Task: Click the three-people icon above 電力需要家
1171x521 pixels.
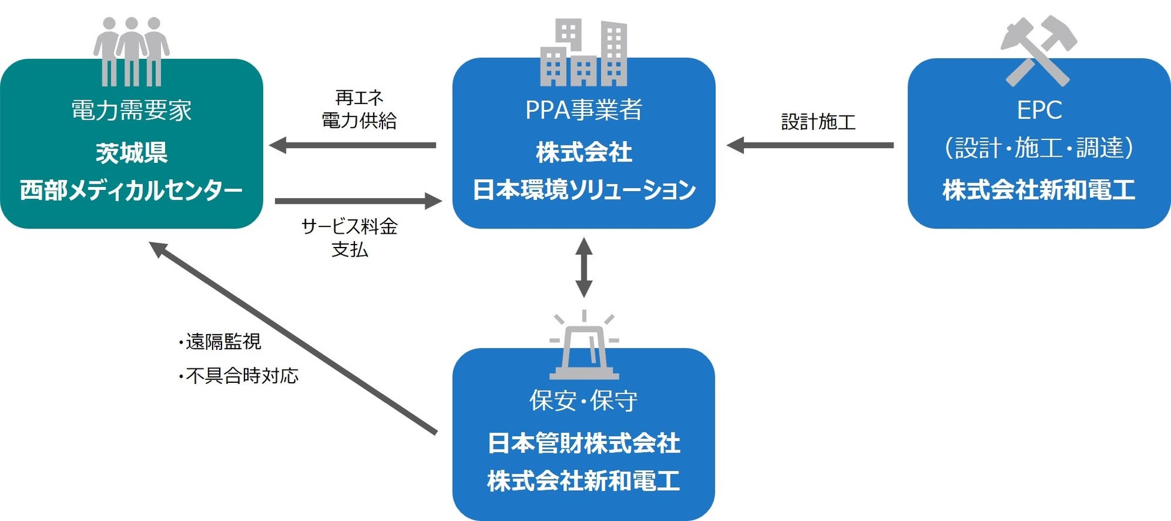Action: (x=132, y=52)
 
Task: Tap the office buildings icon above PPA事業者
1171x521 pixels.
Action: (x=584, y=52)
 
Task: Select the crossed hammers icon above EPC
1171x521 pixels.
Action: (x=1039, y=51)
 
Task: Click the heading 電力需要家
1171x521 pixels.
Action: (x=132, y=111)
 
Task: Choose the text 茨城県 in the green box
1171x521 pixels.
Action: (x=132, y=153)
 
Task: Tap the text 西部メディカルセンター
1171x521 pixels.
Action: (x=132, y=190)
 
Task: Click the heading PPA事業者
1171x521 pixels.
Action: (x=584, y=110)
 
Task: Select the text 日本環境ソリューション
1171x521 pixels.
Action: (x=584, y=190)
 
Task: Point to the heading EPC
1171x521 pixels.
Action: (x=1039, y=110)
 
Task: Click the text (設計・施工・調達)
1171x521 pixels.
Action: (x=1039, y=148)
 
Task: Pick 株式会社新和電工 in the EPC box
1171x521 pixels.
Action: (x=1039, y=190)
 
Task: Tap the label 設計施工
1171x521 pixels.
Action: (x=818, y=122)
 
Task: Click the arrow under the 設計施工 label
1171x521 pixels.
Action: (x=810, y=145)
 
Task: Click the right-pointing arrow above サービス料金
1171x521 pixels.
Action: (x=359, y=201)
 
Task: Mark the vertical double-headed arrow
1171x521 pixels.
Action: (x=584, y=267)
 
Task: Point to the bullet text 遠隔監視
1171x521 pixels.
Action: (x=220, y=342)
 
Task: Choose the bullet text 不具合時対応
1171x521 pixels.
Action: (x=238, y=376)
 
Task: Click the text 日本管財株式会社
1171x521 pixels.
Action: (x=584, y=443)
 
